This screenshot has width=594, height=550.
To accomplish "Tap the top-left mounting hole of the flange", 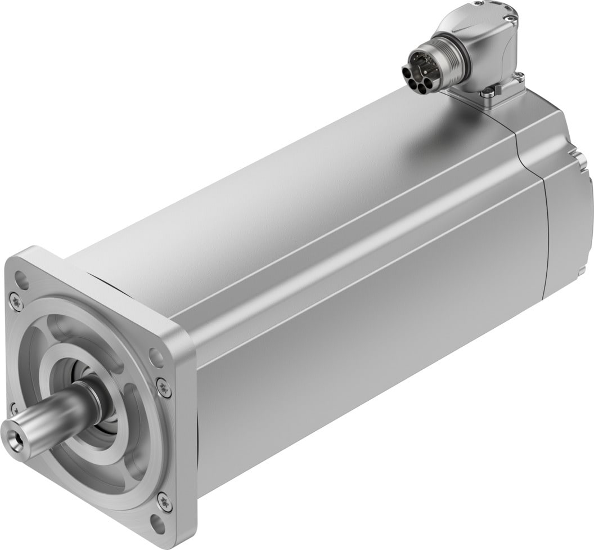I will click(x=21, y=278).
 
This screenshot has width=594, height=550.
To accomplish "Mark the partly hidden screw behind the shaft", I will click(x=13, y=406).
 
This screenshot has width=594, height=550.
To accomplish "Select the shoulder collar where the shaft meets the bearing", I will click(x=90, y=394).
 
